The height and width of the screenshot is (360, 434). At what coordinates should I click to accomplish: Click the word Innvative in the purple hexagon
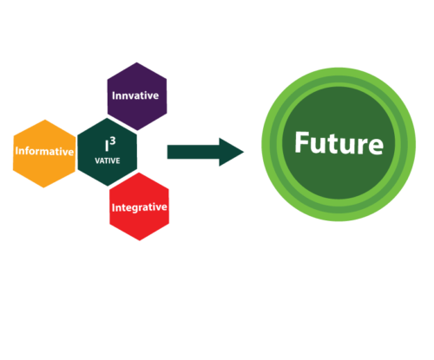click(135, 95)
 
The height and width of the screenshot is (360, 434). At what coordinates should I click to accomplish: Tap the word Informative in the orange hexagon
click(44, 151)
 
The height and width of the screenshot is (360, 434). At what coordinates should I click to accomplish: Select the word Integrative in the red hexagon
click(140, 207)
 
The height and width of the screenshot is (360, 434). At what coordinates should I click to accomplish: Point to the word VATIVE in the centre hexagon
click(108, 160)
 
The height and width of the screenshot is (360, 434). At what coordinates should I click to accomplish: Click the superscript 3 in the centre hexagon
click(113, 141)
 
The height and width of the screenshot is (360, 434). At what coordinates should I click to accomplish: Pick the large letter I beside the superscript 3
click(107, 146)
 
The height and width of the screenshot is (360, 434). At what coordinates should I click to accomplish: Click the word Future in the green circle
click(339, 143)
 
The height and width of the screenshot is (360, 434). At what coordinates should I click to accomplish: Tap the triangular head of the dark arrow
click(231, 152)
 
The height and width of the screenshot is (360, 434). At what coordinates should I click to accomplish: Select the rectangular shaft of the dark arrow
click(194, 152)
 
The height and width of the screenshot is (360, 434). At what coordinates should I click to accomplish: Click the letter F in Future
click(302, 142)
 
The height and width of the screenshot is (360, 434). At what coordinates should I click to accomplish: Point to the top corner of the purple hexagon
click(136, 62)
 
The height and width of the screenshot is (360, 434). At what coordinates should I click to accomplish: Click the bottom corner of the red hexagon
click(140, 240)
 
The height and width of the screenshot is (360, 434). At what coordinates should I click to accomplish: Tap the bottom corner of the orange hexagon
click(43, 187)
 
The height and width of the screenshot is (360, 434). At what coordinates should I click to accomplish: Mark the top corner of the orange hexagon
click(45, 120)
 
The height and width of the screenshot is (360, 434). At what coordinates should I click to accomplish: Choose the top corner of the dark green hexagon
click(108, 118)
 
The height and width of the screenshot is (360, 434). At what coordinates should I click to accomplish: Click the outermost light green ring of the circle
click(339, 72)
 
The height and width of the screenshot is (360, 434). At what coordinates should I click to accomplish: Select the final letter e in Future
click(377, 146)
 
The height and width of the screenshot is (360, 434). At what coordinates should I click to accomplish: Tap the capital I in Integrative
click(114, 208)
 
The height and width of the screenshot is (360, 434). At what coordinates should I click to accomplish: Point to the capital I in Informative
click(16, 151)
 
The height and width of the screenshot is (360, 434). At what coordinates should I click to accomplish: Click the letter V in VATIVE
click(97, 160)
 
